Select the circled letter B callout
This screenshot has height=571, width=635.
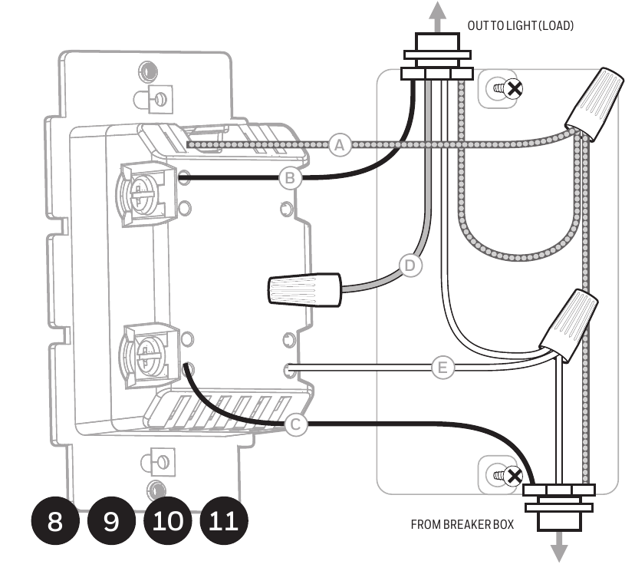coord(290,179)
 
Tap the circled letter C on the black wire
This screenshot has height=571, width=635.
coord(296,424)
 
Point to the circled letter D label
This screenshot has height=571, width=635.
coord(412,266)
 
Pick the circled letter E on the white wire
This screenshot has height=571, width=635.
coord(442,368)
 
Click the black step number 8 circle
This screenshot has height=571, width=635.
coord(55,522)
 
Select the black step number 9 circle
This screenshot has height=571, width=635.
coord(111,522)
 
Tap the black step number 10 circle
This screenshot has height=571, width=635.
coord(168,522)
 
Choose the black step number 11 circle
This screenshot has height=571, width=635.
coord(224,522)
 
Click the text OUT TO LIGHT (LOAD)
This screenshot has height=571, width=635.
coord(521,26)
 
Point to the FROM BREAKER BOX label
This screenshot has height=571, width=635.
coord(462,525)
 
